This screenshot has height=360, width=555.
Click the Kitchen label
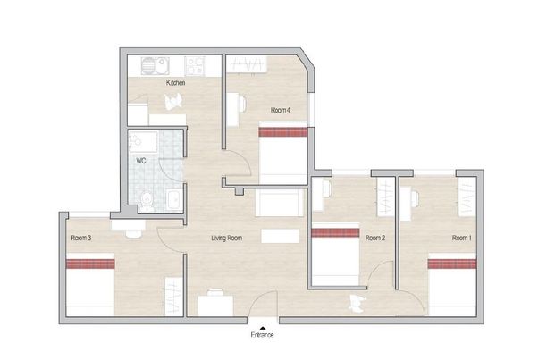(175, 84)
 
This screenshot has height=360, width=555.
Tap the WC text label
(140, 161)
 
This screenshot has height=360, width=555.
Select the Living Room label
(227, 239)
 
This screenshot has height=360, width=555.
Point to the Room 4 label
(281, 110)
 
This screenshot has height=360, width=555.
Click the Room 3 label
(81, 239)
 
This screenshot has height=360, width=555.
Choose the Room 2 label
(375, 239)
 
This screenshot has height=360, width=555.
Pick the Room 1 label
(461, 239)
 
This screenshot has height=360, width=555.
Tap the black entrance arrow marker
(261, 324)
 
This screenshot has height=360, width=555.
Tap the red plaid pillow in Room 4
(282, 132)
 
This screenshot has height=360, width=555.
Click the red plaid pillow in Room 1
(451, 262)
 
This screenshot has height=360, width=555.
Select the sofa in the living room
(278, 203)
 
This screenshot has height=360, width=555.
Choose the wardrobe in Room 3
(171, 295)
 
